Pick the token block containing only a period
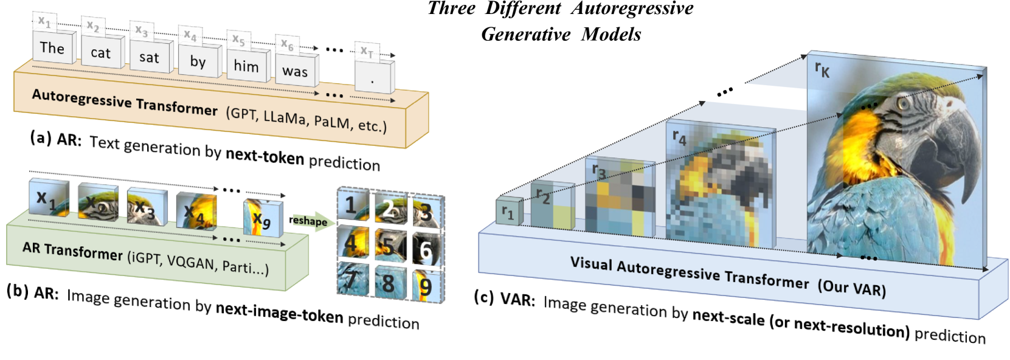[375, 78]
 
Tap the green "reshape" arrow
[311, 221]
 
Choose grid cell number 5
[390, 246]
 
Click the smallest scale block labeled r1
[510, 210]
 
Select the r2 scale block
[552, 206]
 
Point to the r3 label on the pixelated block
[599, 170]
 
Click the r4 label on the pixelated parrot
[679, 137]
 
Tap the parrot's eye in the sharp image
[903, 103]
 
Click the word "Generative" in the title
[526, 34]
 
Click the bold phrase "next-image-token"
[280, 313]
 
